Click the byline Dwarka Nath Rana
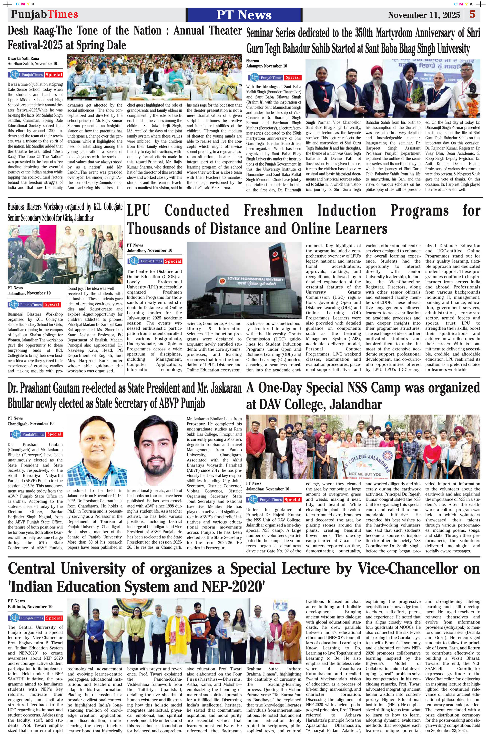pos(23,58)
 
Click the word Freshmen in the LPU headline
pos(273,211)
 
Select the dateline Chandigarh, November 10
pos(30,423)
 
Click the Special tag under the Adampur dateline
pos(293,77)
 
